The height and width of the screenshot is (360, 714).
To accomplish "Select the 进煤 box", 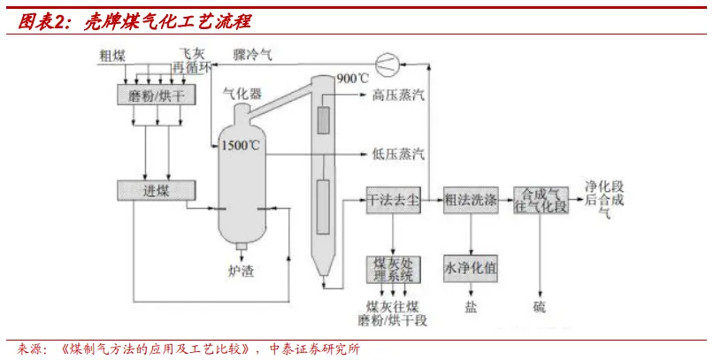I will [156, 189].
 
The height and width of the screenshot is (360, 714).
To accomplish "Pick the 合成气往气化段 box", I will [541, 200].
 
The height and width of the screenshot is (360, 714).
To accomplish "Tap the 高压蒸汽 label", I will [398, 95].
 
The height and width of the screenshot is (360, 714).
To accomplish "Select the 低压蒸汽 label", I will [398, 155].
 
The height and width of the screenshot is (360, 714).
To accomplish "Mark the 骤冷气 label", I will [253, 55].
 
